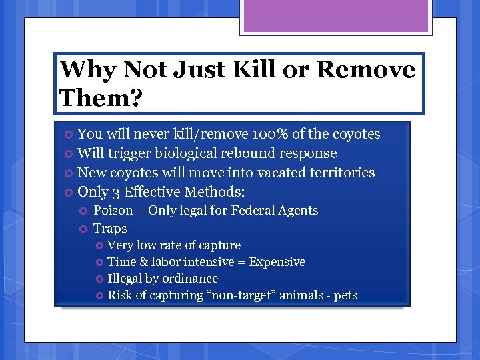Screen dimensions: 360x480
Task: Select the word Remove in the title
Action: point(365,69)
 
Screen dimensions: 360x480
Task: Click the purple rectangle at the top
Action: point(335,16)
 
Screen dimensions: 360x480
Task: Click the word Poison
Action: point(115,211)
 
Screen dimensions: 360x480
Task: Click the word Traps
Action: point(111,228)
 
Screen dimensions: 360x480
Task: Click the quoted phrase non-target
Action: point(239,295)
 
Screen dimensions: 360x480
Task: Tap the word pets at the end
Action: point(345,295)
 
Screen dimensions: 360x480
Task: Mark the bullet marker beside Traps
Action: point(83,229)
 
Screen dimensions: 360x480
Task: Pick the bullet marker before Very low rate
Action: point(100,246)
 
